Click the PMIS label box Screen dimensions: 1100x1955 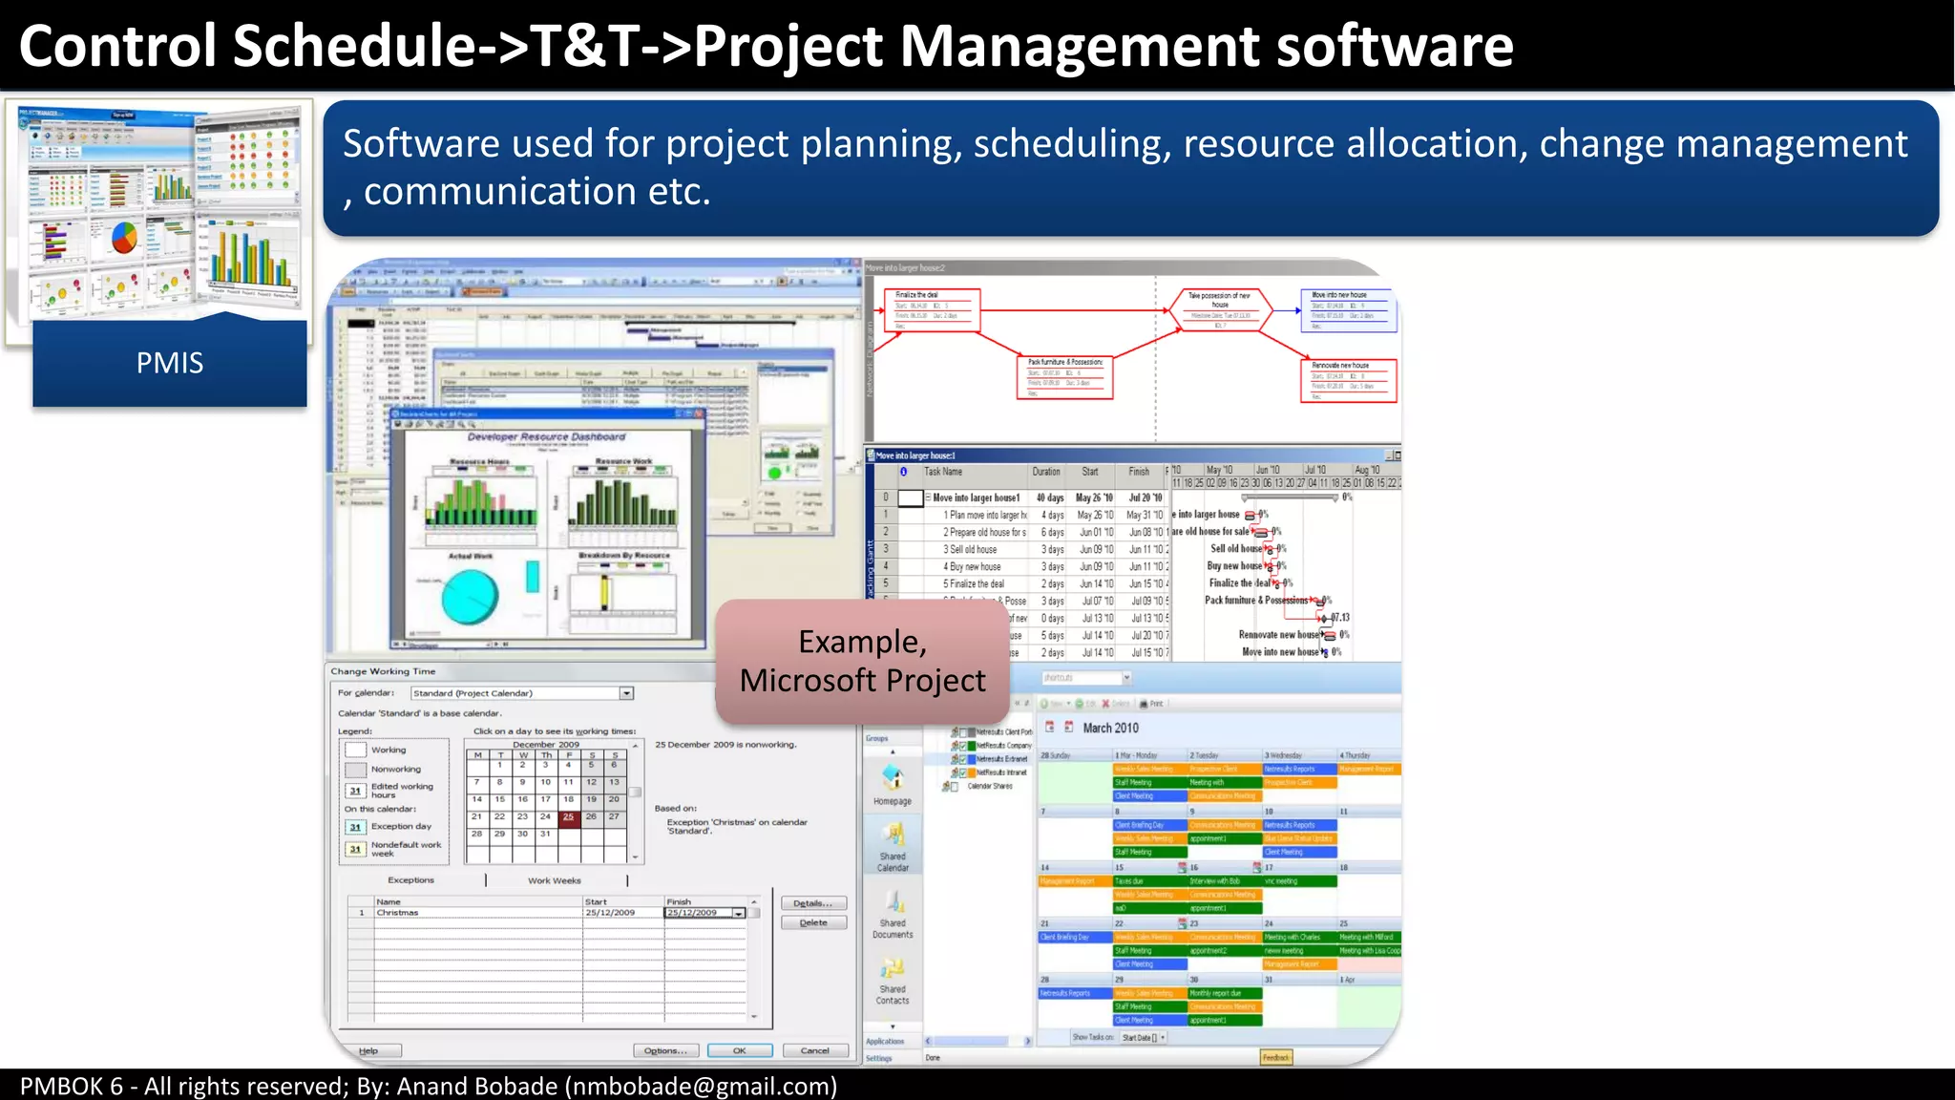[170, 363]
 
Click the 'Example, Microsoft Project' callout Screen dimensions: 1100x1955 [862, 661]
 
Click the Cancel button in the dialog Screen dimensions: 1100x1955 [814, 1050]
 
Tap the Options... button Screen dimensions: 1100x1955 [664, 1050]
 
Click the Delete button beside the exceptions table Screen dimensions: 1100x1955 [813, 922]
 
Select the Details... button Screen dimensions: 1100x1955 [813, 903]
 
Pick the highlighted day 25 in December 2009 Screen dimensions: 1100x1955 [569, 816]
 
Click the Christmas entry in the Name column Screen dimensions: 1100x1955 [397, 913]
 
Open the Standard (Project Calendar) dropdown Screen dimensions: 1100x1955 [626, 693]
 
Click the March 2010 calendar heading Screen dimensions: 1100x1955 [1110, 728]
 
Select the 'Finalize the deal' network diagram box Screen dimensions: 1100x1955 [932, 310]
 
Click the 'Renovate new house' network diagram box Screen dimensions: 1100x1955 [1348, 380]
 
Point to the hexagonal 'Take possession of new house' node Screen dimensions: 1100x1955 [1220, 310]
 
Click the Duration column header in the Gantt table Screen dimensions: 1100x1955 [1046, 472]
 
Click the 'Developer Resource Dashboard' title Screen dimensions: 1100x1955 [546, 437]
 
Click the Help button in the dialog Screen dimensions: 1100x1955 [368, 1050]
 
